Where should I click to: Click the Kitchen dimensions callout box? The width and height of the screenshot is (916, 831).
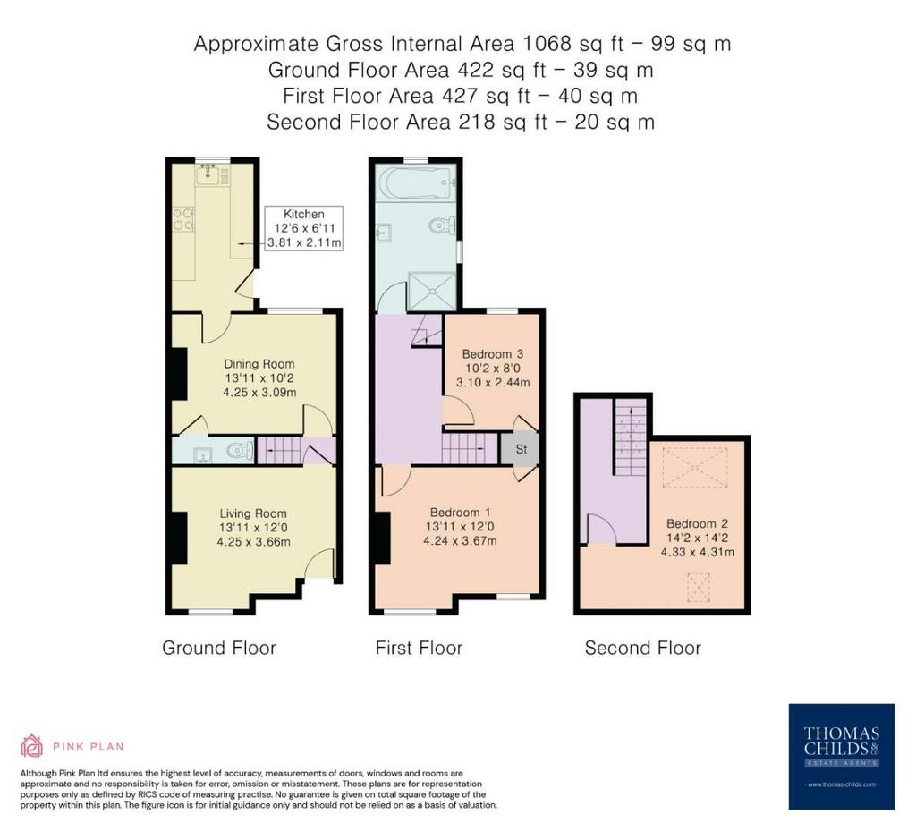point(304,228)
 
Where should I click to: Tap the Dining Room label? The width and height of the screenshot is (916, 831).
point(259,364)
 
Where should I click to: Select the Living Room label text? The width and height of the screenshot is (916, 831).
point(253,513)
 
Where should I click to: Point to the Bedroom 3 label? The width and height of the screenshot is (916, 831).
point(493,354)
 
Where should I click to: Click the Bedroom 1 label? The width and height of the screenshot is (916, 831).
point(460,513)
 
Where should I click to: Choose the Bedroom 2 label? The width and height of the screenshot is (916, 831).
point(697,523)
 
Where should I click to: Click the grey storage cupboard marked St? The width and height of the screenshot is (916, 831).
point(520,448)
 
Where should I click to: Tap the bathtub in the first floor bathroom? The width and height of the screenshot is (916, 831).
point(416,182)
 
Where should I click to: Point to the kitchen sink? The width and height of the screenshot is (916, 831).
point(208,174)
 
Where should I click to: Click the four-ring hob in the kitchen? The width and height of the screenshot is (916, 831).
point(183,219)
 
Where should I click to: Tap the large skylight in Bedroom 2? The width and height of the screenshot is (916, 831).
point(695,467)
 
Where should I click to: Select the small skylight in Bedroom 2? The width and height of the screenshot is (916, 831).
point(698,587)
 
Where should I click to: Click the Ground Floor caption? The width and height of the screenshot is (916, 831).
point(219,648)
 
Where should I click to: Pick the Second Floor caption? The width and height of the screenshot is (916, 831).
point(642,648)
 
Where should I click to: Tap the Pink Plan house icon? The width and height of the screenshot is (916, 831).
point(31,746)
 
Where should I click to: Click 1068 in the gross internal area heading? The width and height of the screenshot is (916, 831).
point(547,44)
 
